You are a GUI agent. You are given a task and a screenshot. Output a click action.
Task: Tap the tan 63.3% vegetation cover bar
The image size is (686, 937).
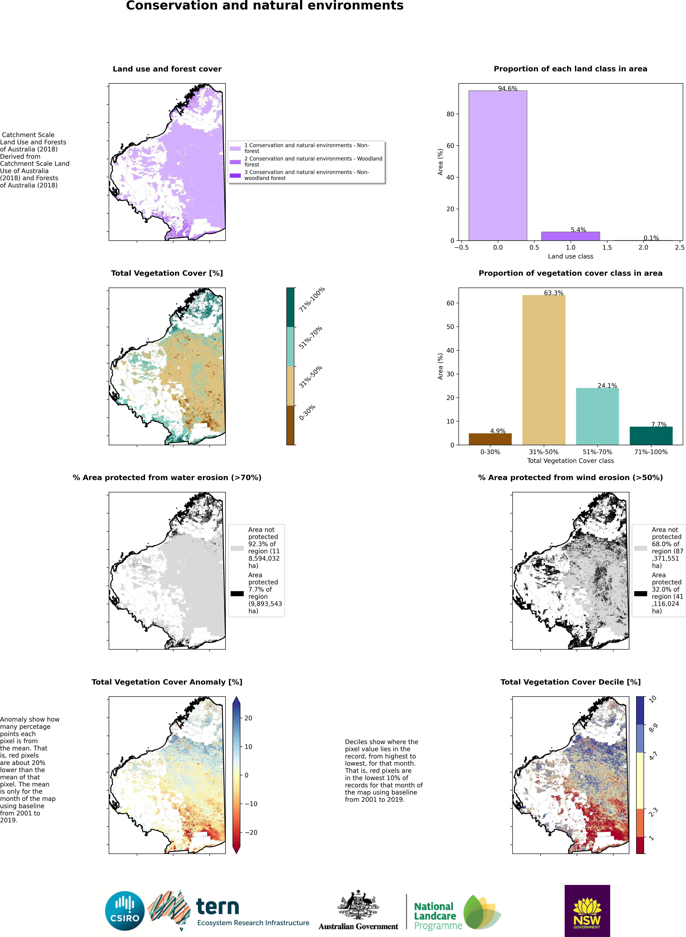544,369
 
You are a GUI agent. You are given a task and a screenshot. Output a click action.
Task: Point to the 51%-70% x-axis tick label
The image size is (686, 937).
597,452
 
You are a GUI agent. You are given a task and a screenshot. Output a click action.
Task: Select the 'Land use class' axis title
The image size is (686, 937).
570,256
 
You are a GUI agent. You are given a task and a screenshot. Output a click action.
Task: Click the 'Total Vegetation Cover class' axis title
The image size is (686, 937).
570,460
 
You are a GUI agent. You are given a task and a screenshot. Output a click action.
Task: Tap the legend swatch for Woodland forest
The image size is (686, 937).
235,162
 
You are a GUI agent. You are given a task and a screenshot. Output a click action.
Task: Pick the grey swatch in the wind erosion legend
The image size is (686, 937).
640,548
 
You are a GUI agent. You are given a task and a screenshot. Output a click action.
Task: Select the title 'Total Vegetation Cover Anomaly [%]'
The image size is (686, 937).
167,682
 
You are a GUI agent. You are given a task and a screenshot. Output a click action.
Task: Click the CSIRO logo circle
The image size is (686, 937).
125,912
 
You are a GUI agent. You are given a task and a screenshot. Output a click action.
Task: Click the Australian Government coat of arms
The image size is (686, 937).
358,905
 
